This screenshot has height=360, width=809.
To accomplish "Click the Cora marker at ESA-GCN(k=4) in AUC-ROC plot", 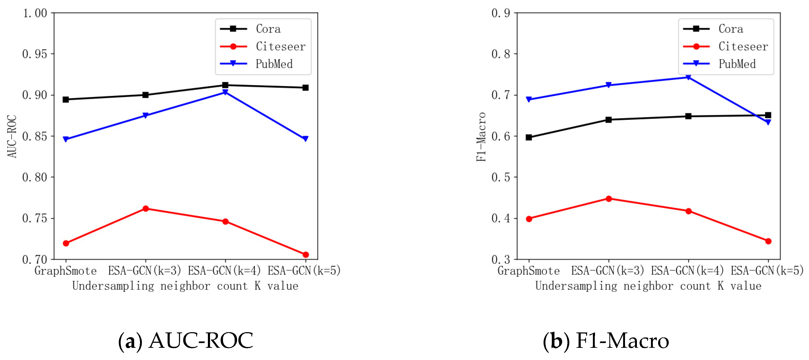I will pos(225,85).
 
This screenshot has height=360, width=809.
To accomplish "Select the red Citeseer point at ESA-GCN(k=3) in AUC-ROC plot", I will pos(145,209).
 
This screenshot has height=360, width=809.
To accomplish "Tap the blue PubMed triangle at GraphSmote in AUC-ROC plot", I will pos(66,139).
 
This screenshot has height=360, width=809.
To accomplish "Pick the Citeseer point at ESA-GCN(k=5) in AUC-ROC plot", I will pos(305,254).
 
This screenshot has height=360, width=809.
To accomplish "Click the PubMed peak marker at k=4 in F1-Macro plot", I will pos(688,77).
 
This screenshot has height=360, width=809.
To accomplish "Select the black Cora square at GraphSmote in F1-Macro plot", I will pos(529,138).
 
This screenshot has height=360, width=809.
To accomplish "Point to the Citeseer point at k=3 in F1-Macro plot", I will pos(609,199).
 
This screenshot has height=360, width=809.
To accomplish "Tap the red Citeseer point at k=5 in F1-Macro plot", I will pos(768,241).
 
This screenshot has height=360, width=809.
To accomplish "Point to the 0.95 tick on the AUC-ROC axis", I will pos(34,54).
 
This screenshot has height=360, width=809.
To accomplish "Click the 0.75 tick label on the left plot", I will pos(34,218).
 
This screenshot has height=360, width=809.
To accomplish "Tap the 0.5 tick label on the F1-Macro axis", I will pos(501,177).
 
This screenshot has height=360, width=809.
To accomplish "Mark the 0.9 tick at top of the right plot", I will pos(501,13).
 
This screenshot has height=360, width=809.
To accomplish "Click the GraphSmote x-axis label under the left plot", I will pos(66,271).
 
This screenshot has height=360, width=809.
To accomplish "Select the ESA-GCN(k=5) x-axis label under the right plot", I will pos(767,271).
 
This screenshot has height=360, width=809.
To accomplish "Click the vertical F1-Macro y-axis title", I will pos(481,137).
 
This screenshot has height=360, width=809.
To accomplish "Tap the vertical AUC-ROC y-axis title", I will pos(12,137).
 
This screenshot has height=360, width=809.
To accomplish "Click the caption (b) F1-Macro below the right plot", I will pos(606,341).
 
